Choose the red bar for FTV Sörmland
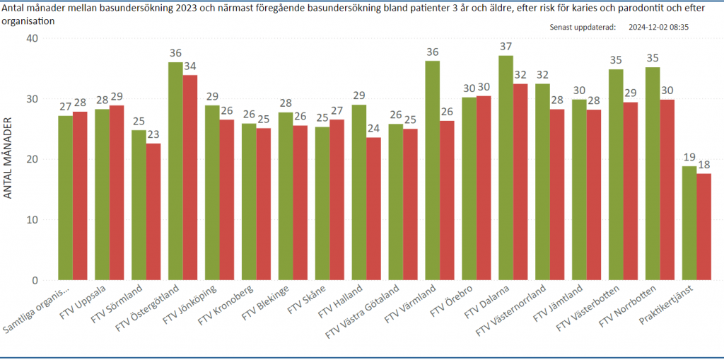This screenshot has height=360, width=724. [153, 211]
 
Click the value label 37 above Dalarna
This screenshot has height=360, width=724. [506, 47]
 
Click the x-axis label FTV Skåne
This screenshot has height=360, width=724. [308, 301]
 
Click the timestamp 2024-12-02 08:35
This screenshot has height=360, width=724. [658, 27]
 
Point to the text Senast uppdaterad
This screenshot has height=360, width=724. [582, 27]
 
